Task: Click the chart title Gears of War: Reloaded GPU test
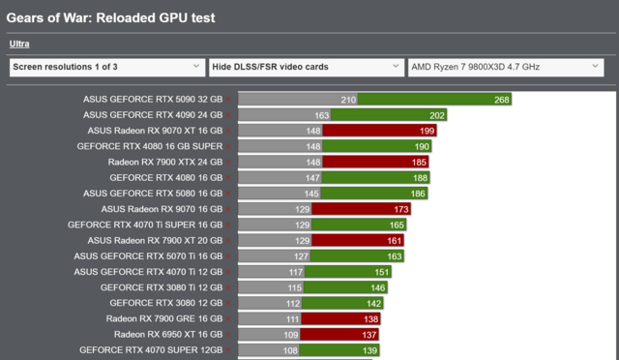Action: pyautogui.click(x=111, y=17)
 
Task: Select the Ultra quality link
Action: pyautogui.click(x=19, y=44)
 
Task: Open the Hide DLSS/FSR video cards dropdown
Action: pyautogui.click(x=306, y=67)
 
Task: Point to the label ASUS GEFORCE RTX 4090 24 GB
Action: pyautogui.click(x=154, y=114)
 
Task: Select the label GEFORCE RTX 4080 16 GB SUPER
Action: pyautogui.click(x=150, y=146)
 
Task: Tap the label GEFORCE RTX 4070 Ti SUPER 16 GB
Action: pyautogui.click(x=145, y=225)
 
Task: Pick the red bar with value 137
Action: pyautogui.click(x=329, y=334)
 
